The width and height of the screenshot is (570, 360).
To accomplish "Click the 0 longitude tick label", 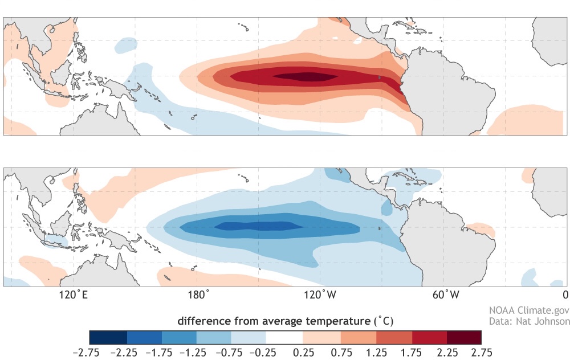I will (565, 295).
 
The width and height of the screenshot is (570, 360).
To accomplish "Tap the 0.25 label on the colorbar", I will (303, 351).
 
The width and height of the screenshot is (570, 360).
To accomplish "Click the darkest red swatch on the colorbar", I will (464, 337).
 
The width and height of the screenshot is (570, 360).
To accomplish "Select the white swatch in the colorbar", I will (285, 337).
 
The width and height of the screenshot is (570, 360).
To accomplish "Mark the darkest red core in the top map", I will (305, 76).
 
